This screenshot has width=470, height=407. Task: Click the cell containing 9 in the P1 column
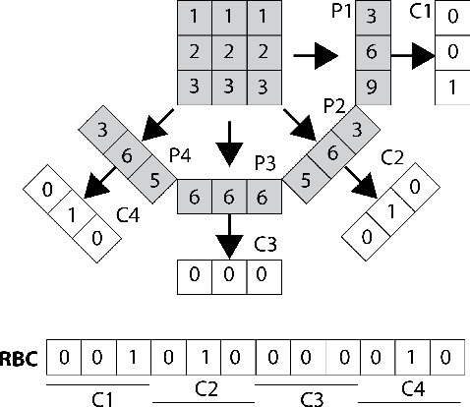pyautogui.click(x=371, y=86)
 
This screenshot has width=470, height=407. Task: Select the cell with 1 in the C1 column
pyautogui.click(x=451, y=86)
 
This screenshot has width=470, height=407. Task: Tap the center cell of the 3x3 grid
pyautogui.click(x=227, y=50)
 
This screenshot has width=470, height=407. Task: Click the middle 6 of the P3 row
pyautogui.click(x=227, y=197)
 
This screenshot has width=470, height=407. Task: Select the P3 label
pyautogui.click(x=264, y=161)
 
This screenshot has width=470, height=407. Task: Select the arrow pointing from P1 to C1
pyautogui.click(x=412, y=58)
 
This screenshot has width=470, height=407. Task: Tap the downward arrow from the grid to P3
pyautogui.click(x=227, y=144)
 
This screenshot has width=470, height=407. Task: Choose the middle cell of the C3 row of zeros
pyautogui.click(x=227, y=275)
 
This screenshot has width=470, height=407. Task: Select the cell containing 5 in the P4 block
pyautogui.click(x=154, y=178)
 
